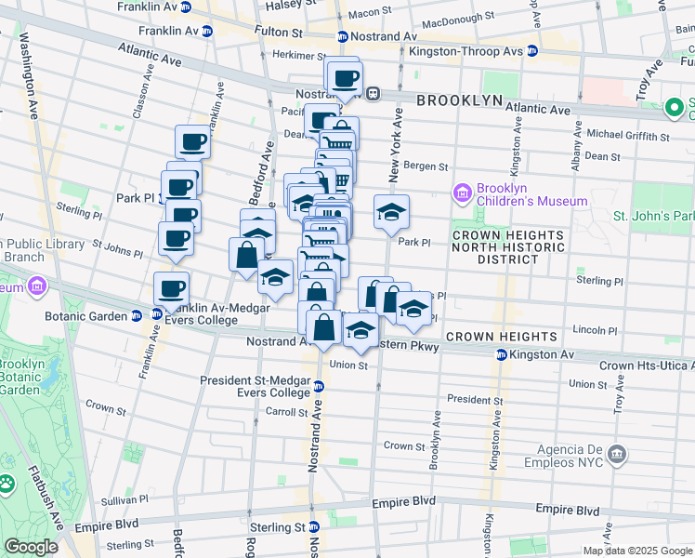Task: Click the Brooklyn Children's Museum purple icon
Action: (463, 193)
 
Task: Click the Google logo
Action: (32, 547)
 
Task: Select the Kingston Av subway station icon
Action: (502, 354)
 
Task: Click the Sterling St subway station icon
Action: (314, 527)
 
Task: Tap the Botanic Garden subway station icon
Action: (136, 315)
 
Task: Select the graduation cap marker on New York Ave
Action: (392, 213)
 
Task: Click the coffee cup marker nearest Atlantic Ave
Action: (345, 77)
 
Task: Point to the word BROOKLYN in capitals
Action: (459, 100)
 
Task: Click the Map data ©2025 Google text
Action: (637, 550)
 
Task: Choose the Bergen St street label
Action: (430, 167)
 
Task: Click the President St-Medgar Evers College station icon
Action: (318, 386)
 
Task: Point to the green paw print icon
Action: (7, 484)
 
